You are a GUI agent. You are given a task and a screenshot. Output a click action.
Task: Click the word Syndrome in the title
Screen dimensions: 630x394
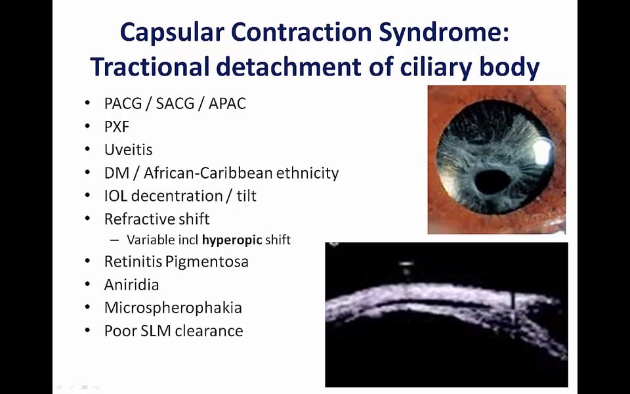(444, 33)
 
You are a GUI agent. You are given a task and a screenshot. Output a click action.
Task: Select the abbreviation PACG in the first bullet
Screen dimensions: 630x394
(123, 104)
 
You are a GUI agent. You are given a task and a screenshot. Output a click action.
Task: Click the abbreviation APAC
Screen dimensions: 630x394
(227, 104)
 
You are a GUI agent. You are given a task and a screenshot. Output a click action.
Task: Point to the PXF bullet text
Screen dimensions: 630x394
(117, 127)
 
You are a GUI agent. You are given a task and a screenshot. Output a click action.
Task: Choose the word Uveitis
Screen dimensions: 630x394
(129, 150)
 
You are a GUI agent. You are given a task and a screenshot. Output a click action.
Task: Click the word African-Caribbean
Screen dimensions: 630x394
(208, 173)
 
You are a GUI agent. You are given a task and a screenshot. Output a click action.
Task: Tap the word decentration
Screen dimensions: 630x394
(177, 196)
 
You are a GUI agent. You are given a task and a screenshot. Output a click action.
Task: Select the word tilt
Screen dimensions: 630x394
(247, 196)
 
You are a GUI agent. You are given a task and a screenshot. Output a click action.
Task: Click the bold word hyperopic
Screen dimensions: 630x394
(232, 240)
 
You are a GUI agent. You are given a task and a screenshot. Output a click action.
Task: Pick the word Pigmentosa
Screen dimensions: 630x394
(207, 262)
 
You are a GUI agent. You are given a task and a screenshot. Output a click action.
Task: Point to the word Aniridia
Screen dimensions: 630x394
(132, 285)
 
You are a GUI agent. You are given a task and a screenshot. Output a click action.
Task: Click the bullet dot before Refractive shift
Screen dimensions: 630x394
(87, 219)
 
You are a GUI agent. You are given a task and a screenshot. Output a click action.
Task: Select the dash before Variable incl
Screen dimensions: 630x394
(114, 240)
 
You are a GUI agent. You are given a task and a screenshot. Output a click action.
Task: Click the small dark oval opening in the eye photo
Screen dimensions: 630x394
(493, 182)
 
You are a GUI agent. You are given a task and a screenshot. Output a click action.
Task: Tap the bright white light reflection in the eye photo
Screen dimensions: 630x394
(543, 152)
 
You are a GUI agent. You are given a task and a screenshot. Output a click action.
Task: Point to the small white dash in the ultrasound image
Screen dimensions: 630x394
(406, 264)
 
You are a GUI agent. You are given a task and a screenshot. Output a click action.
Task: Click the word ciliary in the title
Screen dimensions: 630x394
(435, 67)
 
